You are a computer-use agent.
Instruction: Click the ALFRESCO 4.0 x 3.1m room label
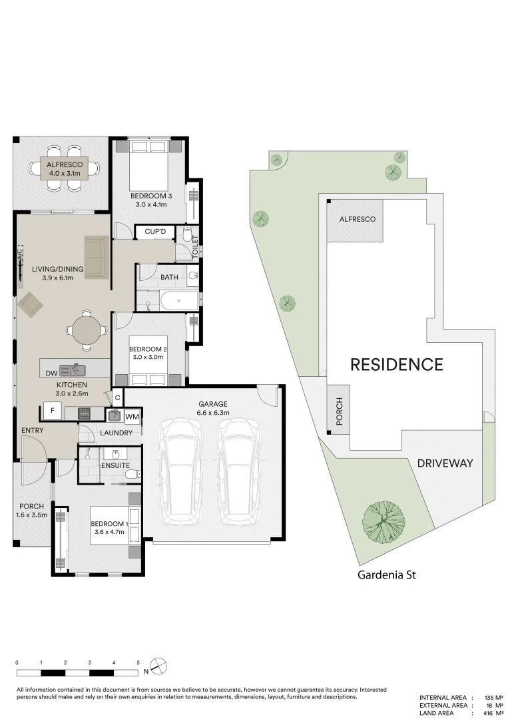click(65, 168)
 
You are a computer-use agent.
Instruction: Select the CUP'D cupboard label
click(155, 232)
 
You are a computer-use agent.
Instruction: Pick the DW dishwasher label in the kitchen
click(52, 373)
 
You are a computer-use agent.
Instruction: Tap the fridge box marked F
click(53, 410)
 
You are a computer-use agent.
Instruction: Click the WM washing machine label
click(132, 416)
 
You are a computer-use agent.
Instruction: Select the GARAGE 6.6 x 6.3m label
click(213, 408)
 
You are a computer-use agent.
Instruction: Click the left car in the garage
click(181, 472)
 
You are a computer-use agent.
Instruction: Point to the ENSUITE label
click(116, 465)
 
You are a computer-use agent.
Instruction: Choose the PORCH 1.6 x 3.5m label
click(32, 511)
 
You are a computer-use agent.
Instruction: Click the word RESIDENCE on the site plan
click(397, 365)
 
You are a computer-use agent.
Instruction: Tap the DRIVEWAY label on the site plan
click(445, 463)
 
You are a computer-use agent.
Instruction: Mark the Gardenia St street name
click(387, 574)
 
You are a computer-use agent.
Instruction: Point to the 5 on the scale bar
click(138, 662)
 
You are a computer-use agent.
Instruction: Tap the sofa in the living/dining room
click(97, 257)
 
